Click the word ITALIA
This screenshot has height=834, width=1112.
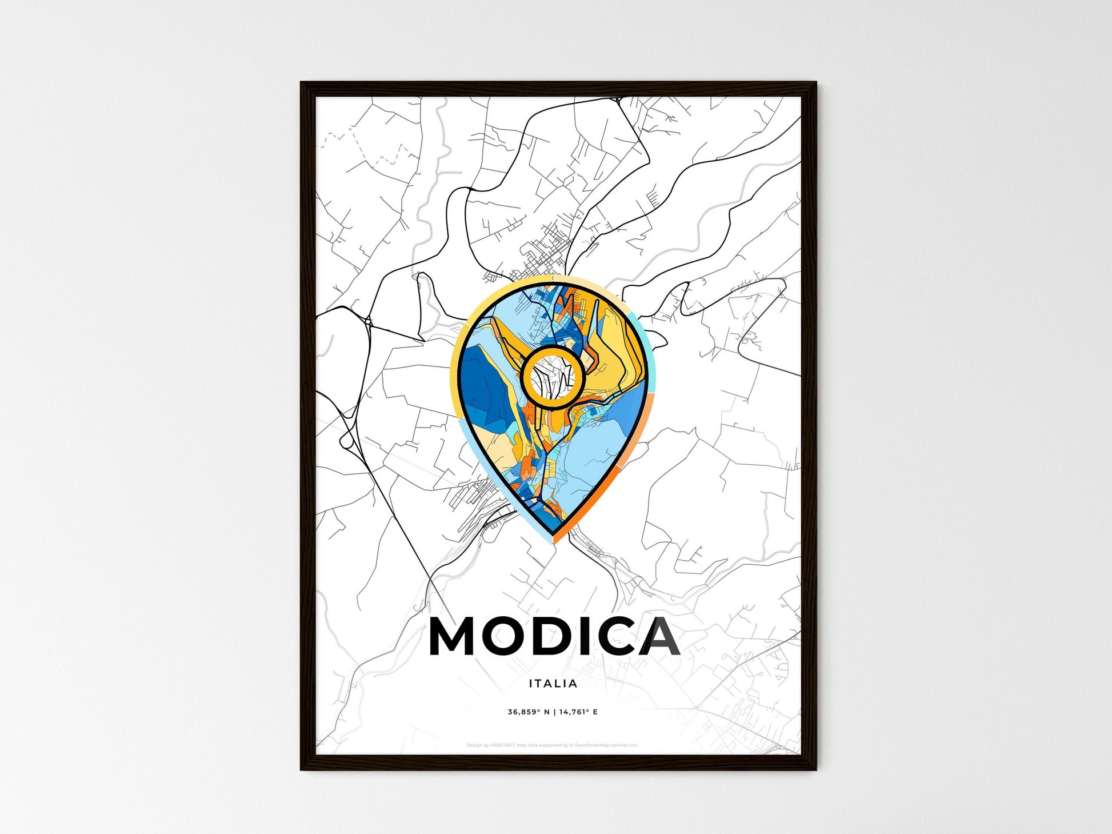(553, 684)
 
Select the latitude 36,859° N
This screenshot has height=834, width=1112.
(528, 712)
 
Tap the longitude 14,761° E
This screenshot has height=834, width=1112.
(578, 712)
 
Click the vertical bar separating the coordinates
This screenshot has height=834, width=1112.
(554, 712)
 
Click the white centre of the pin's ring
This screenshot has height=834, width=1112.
(553, 377)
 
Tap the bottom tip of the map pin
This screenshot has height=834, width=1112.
(553, 540)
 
